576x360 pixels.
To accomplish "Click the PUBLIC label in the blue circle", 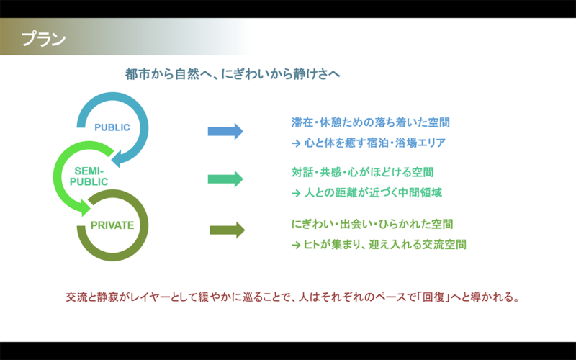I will (112, 127).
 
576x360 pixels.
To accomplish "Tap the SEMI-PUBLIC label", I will (89, 176).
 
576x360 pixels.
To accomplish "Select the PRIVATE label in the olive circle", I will (112, 225).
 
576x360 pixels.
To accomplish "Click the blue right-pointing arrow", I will (225, 131).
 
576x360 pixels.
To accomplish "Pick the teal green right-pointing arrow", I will (225, 179).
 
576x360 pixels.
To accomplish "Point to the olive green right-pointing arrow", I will (227, 230).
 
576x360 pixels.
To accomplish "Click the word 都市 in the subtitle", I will (137, 74).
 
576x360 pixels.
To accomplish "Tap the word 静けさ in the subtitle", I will (313, 74).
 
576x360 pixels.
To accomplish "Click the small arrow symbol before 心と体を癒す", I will (295, 143).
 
